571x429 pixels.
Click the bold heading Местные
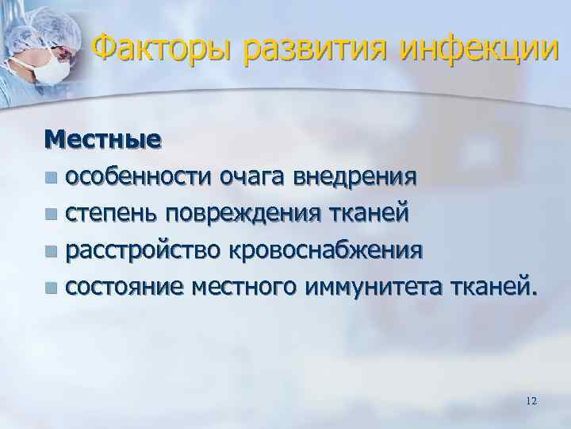[x=102, y=139]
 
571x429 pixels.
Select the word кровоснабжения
[x=326, y=250]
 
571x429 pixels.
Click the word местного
[x=239, y=288]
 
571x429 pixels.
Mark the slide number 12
[x=531, y=402]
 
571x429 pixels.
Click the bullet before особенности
[x=52, y=176]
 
